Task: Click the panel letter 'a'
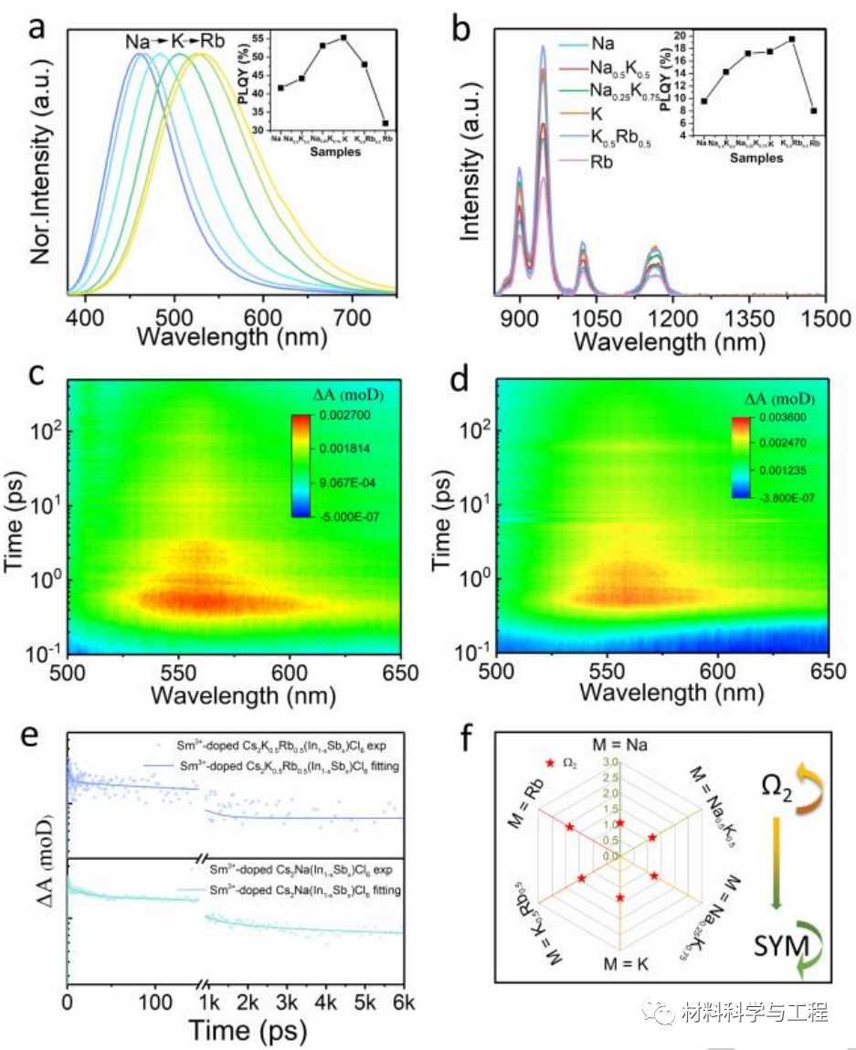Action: (x=38, y=27)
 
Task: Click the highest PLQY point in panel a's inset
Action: (x=343, y=37)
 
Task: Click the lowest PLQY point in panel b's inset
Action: (x=813, y=111)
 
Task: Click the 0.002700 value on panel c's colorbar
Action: (x=333, y=417)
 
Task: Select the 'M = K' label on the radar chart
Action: (x=621, y=964)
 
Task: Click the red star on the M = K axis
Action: (x=621, y=898)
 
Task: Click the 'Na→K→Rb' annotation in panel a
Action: (x=175, y=41)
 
